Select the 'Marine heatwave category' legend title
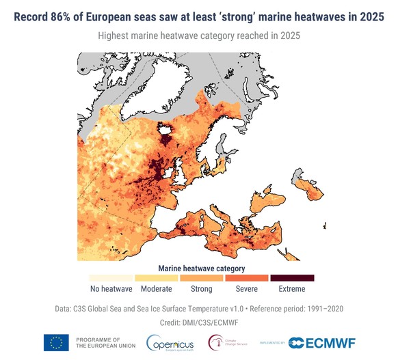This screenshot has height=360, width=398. point(202,268)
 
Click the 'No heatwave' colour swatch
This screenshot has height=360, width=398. point(111,278)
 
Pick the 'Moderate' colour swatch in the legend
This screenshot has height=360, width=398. point(156,278)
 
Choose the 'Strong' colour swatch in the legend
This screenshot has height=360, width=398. point(202,278)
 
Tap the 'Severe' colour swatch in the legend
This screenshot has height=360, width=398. point(247,278)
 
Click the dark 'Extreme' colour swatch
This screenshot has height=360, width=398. point(292,278)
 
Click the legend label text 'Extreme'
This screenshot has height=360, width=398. point(292,289)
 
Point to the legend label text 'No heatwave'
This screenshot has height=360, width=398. point(111,289)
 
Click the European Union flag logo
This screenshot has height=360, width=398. point(56,343)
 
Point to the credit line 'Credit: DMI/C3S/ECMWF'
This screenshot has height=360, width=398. point(199,322)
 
